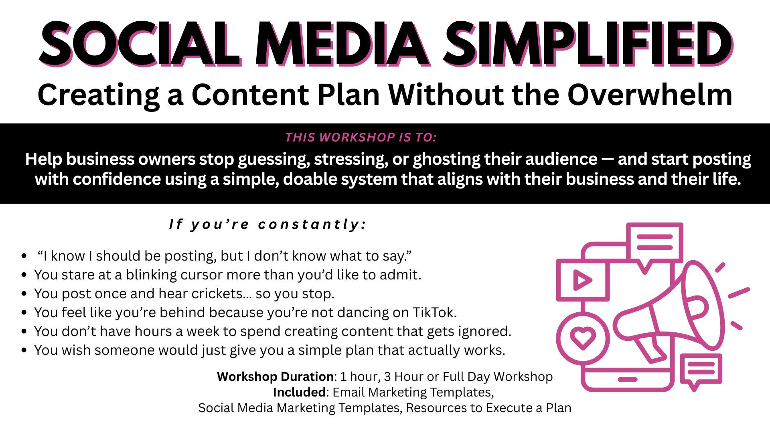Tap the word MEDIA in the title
pos(341,43)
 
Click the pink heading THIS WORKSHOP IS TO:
pos(361,138)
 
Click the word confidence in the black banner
pos(118,179)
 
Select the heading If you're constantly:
pos(268,225)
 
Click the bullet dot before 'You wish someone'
pos(24,350)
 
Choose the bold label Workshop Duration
pos(275,376)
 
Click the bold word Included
pos(299,392)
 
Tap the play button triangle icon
pos(583,280)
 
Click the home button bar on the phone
pos(628,379)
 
